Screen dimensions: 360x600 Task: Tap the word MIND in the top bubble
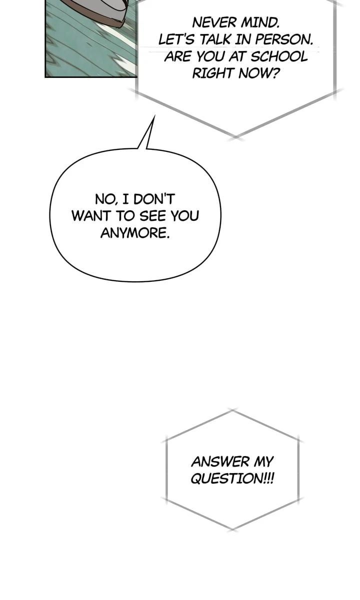pos(260,23)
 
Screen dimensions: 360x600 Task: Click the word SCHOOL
pos(279,56)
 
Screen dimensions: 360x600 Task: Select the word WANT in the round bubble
pos(91,216)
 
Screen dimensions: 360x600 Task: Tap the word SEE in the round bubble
pos(153,216)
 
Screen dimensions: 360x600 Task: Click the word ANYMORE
pos(135,233)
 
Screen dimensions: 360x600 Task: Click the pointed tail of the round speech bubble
pos(154,116)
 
